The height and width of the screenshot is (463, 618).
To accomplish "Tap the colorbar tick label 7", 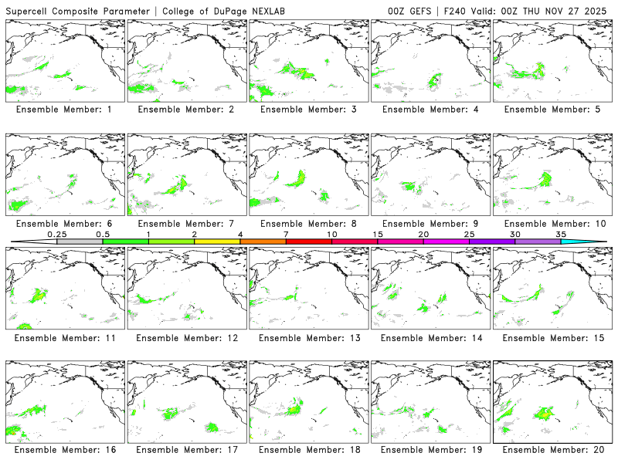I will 286,234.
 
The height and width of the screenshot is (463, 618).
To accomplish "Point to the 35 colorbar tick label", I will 561,234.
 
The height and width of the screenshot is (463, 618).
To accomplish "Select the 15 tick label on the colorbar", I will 378,234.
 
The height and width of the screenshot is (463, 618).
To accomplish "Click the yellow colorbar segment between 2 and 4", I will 217,242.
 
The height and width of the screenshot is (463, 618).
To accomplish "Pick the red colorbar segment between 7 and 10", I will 308,242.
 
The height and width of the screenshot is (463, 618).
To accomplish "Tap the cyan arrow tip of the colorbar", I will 595,242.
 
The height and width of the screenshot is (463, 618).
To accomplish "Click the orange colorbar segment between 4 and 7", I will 263,242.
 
